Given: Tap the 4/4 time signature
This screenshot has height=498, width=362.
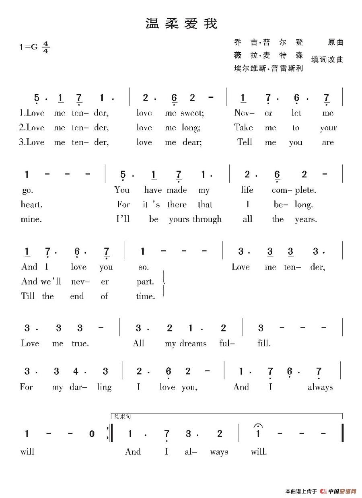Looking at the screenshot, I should [x=45, y=47].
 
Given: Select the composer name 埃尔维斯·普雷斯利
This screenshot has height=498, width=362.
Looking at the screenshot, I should [x=268, y=68].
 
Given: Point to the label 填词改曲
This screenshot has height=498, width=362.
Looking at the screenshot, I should [x=327, y=60].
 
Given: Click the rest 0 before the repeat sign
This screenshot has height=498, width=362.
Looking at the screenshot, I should [x=92, y=434].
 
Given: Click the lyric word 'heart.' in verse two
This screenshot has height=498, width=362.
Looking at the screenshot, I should [x=31, y=204].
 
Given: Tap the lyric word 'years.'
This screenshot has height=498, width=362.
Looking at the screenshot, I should [x=306, y=219].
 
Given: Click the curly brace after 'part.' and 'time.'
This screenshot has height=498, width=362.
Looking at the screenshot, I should [x=164, y=284].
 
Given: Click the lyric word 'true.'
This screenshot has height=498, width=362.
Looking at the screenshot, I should [x=79, y=344].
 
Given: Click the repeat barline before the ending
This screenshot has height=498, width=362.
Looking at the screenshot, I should [x=109, y=434].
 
